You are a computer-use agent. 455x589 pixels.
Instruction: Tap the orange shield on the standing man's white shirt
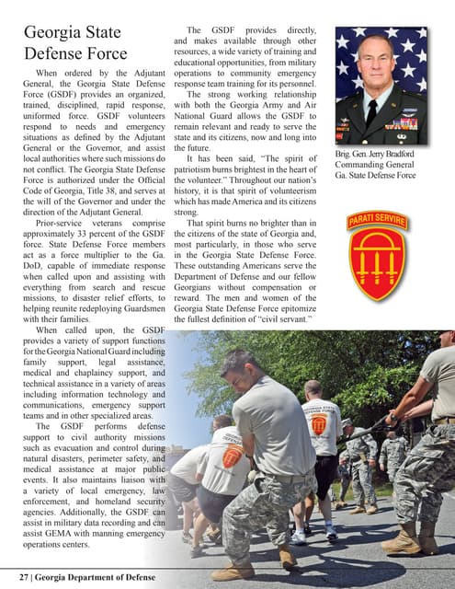point(320,426)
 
